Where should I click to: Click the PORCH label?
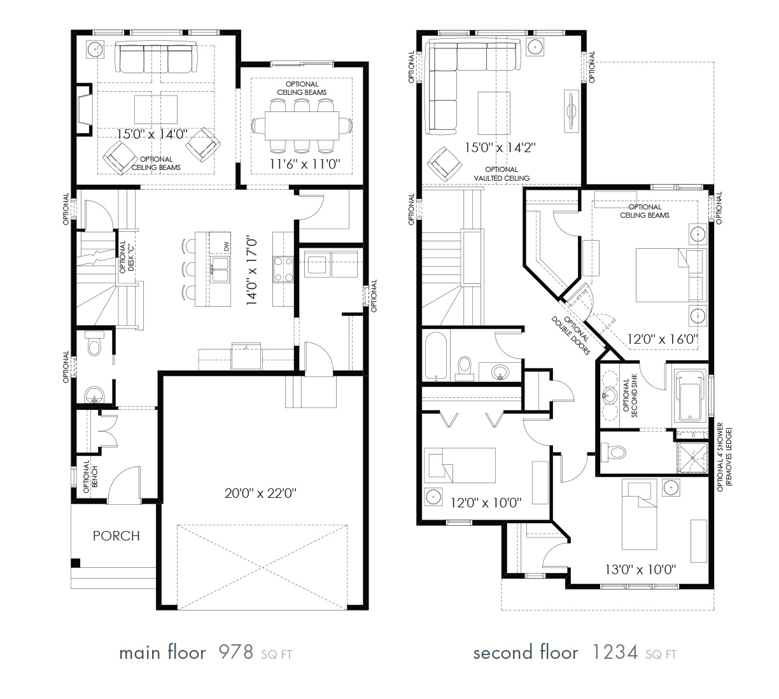(x=116, y=535)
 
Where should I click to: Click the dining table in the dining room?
(x=302, y=125)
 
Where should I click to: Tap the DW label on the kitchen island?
(x=226, y=247)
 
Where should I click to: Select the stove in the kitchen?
(x=283, y=269)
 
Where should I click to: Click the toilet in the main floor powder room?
(x=95, y=345)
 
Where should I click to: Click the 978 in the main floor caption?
(x=236, y=653)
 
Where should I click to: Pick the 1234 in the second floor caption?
(x=615, y=653)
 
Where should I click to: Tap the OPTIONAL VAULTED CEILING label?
(x=502, y=174)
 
